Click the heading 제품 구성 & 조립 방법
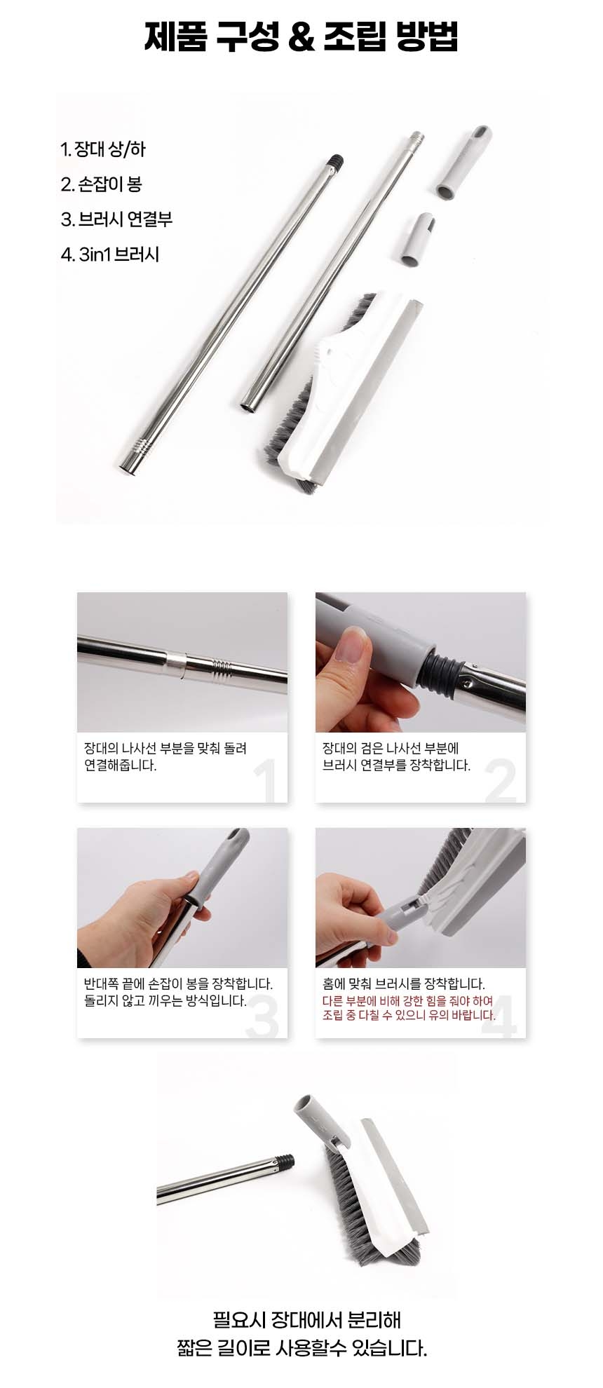pyautogui.click(x=301, y=37)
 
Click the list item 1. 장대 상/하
pyautogui.click(x=103, y=149)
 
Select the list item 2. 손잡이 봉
pyautogui.click(x=101, y=184)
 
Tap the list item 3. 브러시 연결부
pyautogui.click(x=116, y=219)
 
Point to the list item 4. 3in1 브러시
pyautogui.click(x=110, y=254)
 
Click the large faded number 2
pyautogui.click(x=501, y=782)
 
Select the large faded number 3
pyautogui.click(x=262, y=1016)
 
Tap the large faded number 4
pyautogui.click(x=500, y=1016)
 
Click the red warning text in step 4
pyautogui.click(x=409, y=1008)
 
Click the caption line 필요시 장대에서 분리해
pyautogui.click(x=307, y=1320)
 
